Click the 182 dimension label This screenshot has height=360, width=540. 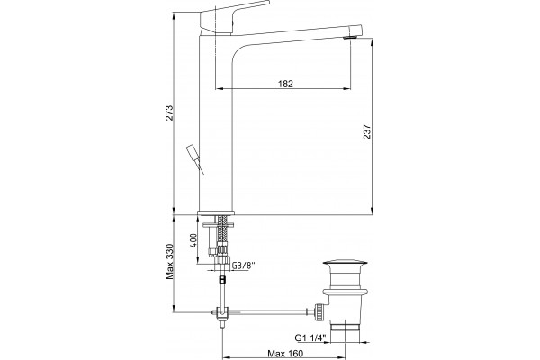285,84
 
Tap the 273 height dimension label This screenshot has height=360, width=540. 169,112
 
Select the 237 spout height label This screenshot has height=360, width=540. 367,131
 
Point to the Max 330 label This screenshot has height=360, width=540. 170,262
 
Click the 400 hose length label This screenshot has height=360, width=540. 193,240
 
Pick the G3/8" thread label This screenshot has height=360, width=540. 243,265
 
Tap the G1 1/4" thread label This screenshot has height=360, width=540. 310,338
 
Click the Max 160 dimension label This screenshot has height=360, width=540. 285,354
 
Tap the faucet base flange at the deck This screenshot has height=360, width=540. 216,213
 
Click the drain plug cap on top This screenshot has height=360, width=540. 345,265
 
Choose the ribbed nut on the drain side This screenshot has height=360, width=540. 319,312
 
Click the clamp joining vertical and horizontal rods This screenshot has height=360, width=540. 222,312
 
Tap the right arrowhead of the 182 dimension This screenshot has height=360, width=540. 347,89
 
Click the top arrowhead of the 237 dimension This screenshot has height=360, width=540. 373,43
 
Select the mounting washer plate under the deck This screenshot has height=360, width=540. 219,225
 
